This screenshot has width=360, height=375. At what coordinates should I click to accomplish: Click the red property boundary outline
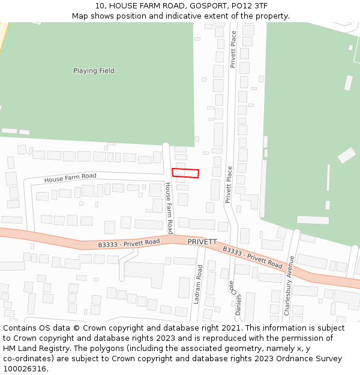(185, 173)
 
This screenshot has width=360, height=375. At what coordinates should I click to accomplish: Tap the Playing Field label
(94, 71)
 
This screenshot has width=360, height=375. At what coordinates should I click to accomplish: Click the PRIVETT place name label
(202, 242)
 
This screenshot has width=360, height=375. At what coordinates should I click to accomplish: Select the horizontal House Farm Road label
(70, 178)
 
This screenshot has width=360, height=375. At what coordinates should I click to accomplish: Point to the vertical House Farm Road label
(169, 208)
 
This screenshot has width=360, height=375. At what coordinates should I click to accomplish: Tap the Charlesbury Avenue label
(289, 286)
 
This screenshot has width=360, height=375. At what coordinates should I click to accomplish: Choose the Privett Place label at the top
(233, 50)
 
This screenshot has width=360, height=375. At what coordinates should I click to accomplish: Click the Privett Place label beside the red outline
(229, 185)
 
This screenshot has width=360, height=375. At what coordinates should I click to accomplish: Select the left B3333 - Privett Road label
(129, 243)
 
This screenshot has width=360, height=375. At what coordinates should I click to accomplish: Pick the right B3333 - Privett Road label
(253, 257)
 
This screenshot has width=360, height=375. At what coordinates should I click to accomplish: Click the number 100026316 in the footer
(25, 369)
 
